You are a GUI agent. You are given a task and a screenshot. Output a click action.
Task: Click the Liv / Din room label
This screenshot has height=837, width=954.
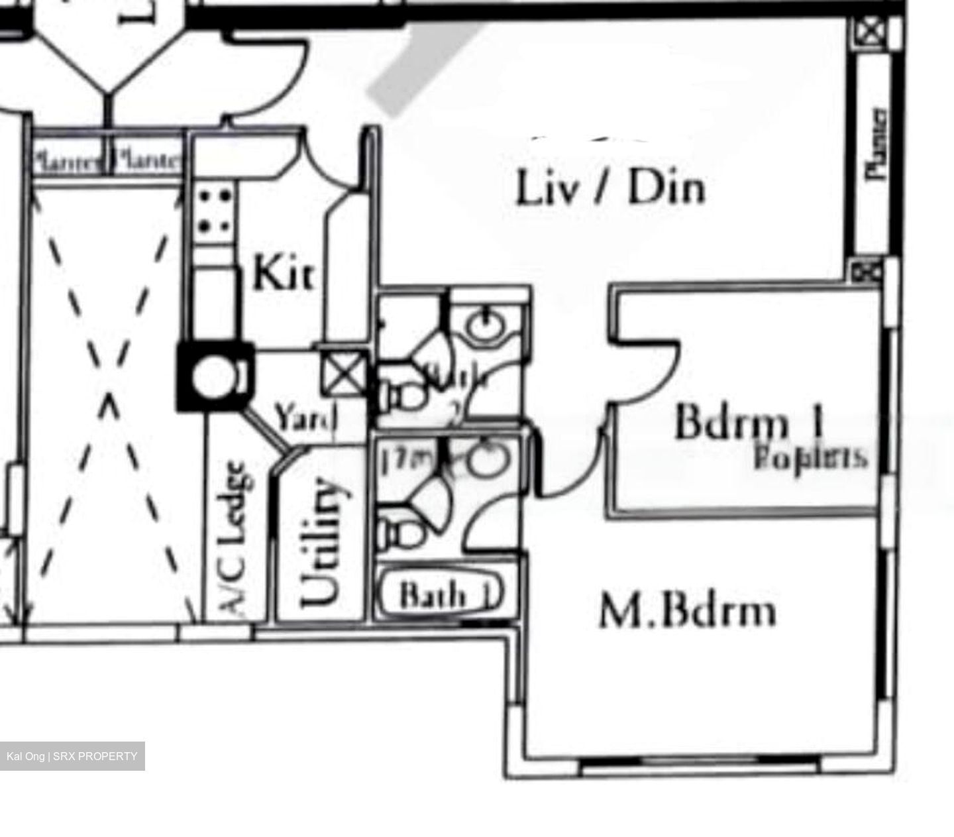pyautogui.click(x=610, y=188)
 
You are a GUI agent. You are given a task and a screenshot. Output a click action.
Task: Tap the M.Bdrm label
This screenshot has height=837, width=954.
pyautogui.click(x=687, y=611)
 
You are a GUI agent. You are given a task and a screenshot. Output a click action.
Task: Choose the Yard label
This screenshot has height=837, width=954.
pyautogui.click(x=306, y=418)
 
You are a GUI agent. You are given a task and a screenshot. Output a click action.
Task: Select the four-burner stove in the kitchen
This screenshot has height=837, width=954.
pyautogui.click(x=215, y=211)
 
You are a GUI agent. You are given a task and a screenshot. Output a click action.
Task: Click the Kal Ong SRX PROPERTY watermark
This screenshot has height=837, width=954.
pyautogui.click(x=72, y=756)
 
